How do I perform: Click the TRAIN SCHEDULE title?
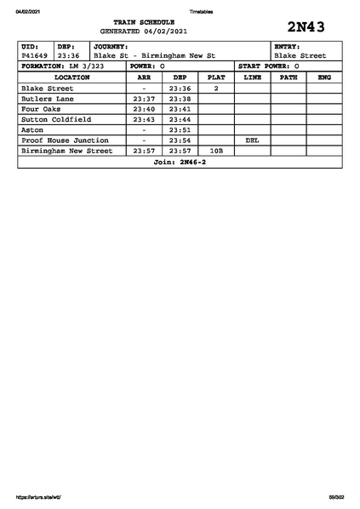[144, 21]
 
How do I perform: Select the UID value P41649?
[35, 55]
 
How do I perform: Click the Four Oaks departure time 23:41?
[180, 109]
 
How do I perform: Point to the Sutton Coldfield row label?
[56, 119]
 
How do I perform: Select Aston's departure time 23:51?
[180, 130]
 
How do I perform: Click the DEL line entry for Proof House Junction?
[252, 140]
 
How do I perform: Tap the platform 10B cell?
[216, 151]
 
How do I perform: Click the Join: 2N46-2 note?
[180, 162]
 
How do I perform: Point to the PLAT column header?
[216, 77]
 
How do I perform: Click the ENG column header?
[324, 77]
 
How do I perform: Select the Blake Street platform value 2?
[216, 89]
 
